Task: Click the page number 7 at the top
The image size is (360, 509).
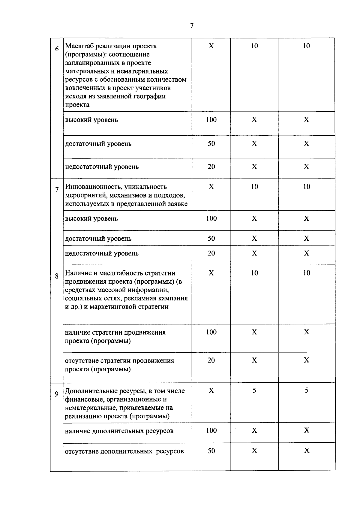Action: coord(192,26)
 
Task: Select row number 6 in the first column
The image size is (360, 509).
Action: coord(57,49)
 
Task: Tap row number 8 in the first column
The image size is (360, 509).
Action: coord(57,276)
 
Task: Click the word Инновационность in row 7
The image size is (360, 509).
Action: coord(90,187)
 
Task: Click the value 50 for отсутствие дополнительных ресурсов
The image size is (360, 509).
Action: coord(211,451)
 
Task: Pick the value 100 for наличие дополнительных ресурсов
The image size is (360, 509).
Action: coord(211,430)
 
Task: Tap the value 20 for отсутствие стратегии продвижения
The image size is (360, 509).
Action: coord(211,360)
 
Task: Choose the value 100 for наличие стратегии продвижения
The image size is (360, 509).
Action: coord(211,332)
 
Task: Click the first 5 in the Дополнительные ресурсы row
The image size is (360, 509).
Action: coord(254,390)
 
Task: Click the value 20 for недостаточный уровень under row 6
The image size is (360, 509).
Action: coord(211,167)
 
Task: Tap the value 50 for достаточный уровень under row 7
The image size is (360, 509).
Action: coord(211,238)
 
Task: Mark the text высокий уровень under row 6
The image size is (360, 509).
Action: coord(91,120)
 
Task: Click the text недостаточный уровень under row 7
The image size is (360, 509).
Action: coord(102,254)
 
